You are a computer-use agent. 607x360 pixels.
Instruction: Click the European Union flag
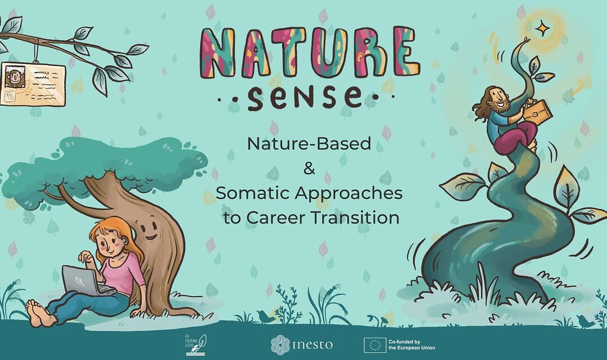(x=375, y=344)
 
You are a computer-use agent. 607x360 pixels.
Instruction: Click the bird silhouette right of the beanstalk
(x=585, y=321)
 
